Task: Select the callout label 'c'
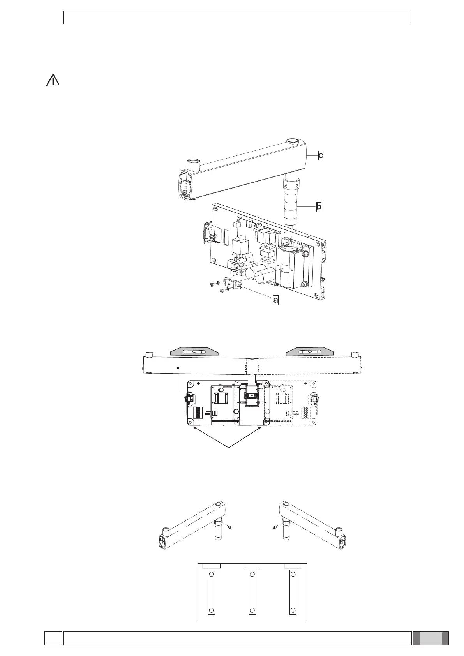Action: (320, 155)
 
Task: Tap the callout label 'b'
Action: (319, 207)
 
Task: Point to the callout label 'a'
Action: (275, 300)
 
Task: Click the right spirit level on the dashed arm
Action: (309, 351)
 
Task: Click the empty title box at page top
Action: (237, 18)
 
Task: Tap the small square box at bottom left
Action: (53, 638)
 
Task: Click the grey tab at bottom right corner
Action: (430, 638)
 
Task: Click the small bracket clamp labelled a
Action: (233, 283)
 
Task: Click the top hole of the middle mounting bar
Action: (252, 574)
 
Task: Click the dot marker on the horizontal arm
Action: (178, 367)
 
